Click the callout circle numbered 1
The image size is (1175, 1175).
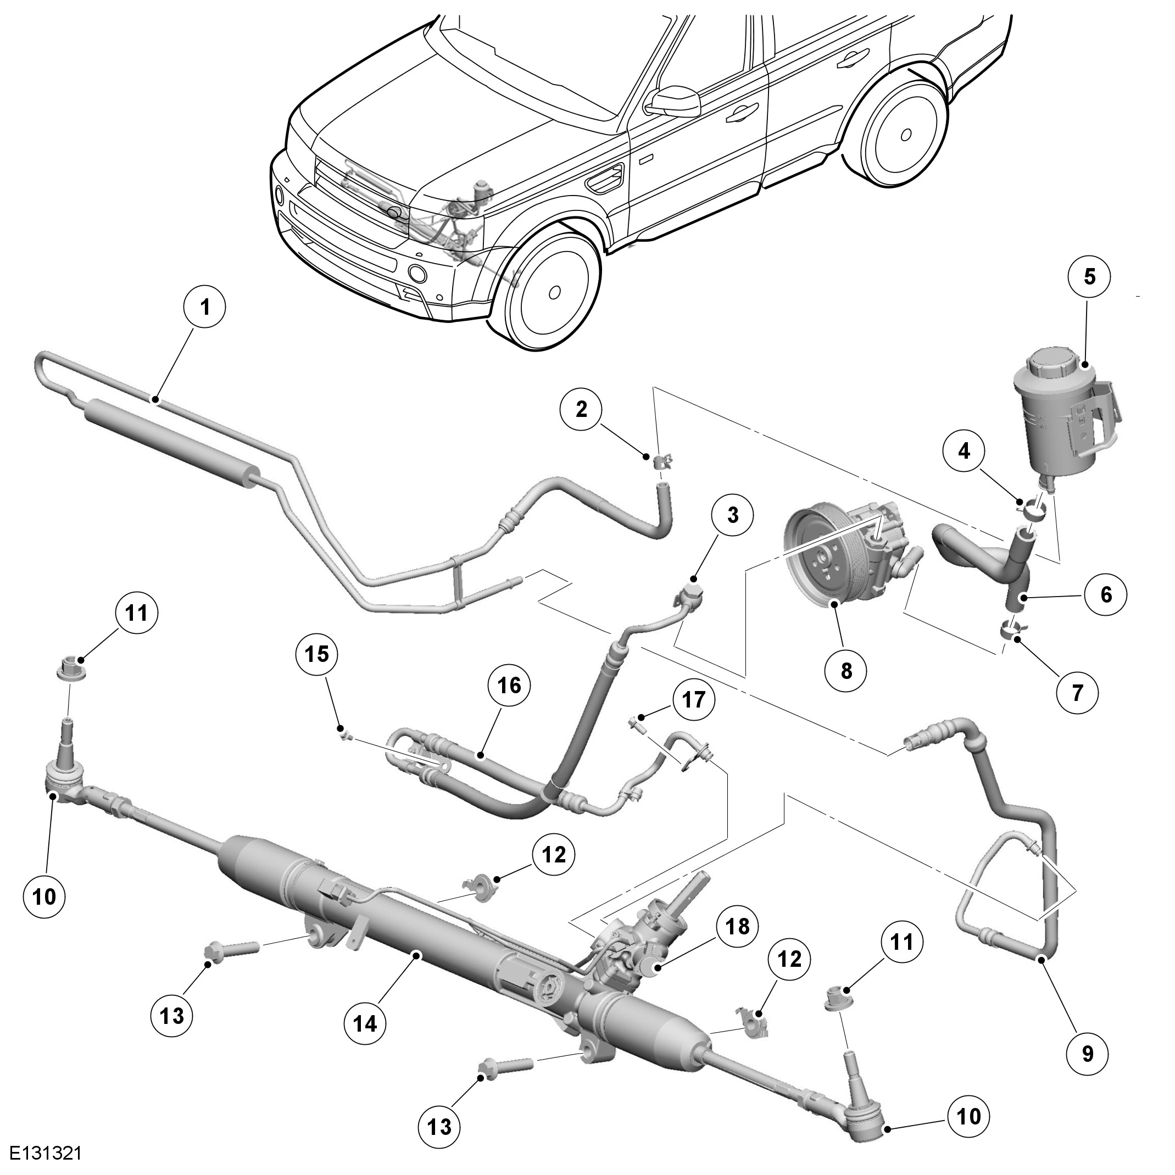(205, 308)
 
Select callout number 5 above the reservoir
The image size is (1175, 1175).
(1089, 277)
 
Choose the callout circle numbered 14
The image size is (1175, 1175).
(365, 1023)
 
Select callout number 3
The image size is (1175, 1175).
(732, 515)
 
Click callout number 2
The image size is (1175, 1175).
(582, 409)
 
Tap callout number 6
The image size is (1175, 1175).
(1106, 594)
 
